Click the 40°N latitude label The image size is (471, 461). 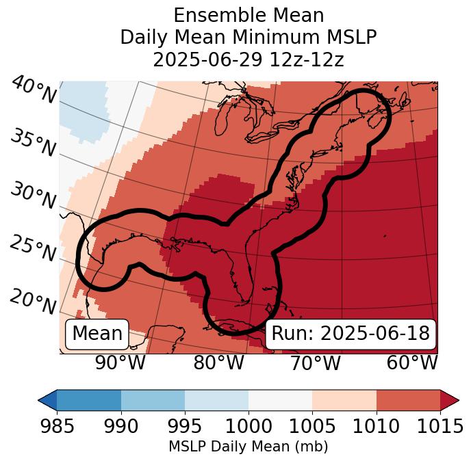tap(34, 91)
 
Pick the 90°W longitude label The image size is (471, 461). tap(120, 363)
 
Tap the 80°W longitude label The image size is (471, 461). tap(218, 363)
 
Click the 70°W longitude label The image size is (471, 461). tap(315, 363)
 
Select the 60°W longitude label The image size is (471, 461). tap(412, 363)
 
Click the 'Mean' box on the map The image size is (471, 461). tap(97, 334)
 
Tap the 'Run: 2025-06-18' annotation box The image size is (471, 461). tap(351, 334)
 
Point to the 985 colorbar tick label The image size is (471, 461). tap(57, 426)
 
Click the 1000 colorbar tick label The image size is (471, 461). tap(249, 426)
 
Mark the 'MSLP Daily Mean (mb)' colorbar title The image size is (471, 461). tap(248, 447)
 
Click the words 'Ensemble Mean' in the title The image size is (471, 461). tap(249, 16)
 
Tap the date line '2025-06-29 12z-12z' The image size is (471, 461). tap(249, 60)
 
